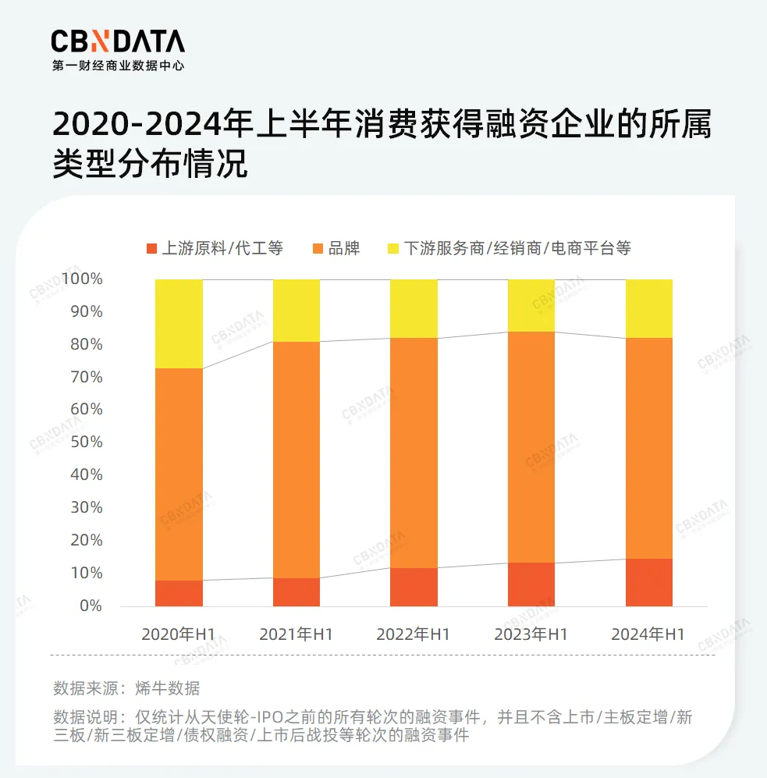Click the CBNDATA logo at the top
(x=118, y=41)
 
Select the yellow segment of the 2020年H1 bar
(x=179, y=323)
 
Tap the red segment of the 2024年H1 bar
(x=649, y=582)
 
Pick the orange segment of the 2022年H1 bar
(x=414, y=453)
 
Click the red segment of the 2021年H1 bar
(x=297, y=591)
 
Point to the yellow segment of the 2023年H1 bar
(x=531, y=305)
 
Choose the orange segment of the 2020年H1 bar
(x=179, y=474)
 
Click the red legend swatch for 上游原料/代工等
(x=151, y=249)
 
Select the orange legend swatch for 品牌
(x=318, y=249)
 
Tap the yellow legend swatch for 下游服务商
(x=392, y=249)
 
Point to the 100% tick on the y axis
(x=82, y=279)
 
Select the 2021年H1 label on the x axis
(x=296, y=634)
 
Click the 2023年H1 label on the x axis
(x=531, y=634)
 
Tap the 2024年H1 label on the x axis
(x=648, y=634)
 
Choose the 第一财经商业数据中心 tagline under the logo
(x=118, y=66)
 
